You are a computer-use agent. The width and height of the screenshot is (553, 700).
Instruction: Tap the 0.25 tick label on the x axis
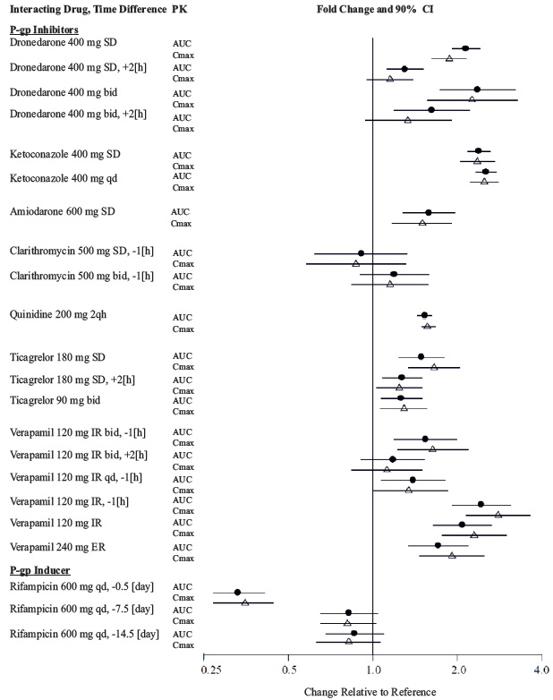(x=211, y=669)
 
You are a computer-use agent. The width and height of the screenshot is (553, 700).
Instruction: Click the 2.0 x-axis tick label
(x=457, y=669)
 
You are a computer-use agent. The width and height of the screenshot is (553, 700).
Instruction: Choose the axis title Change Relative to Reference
(x=370, y=691)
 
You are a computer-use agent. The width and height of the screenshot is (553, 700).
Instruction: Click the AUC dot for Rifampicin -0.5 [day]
(x=237, y=593)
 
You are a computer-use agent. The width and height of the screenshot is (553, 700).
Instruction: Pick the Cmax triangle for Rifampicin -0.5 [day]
(x=245, y=602)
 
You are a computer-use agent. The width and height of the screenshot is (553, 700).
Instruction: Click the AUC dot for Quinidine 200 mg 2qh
(x=424, y=315)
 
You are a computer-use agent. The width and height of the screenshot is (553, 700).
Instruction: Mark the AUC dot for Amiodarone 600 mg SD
(x=428, y=212)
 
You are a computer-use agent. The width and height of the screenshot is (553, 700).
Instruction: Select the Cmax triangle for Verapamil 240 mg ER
(x=452, y=556)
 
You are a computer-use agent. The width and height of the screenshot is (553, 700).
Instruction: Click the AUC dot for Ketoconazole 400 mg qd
(x=486, y=171)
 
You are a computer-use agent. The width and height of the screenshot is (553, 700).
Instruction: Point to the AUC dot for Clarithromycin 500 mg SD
(x=361, y=253)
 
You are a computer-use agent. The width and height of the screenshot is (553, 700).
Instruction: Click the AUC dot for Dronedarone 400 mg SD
(x=465, y=48)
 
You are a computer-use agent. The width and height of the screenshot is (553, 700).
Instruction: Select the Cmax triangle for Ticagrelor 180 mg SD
(x=434, y=367)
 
